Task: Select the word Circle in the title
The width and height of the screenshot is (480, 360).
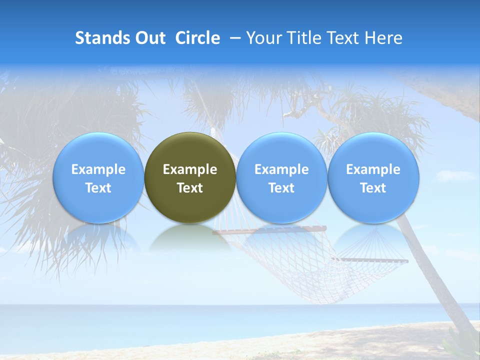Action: [x=197, y=38]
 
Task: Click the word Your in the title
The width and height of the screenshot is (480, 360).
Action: [x=262, y=38]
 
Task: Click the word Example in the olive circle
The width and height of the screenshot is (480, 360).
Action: [x=190, y=169]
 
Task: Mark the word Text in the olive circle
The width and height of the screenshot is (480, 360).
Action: [x=190, y=188]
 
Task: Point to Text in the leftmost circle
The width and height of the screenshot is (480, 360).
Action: [x=98, y=188]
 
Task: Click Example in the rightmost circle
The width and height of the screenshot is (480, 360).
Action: [x=373, y=169]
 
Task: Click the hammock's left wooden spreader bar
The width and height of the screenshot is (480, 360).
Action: [x=270, y=230]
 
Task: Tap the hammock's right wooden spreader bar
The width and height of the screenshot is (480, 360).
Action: [x=372, y=260]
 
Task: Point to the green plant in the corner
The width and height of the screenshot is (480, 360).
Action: [x=462, y=345]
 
